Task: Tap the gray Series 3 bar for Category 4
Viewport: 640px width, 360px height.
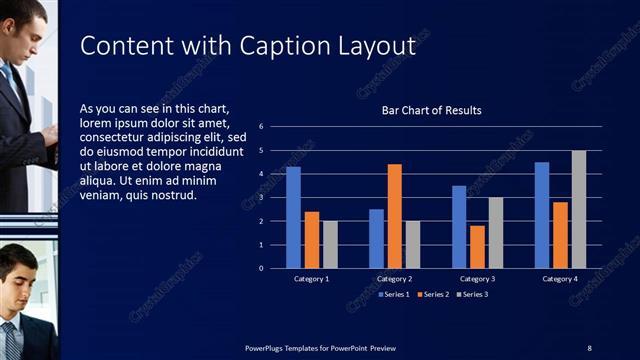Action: tap(579, 209)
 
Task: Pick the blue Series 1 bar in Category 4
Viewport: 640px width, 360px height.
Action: tap(542, 215)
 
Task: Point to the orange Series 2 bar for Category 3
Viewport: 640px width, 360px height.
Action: tap(477, 246)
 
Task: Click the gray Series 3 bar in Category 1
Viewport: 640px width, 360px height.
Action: tap(330, 244)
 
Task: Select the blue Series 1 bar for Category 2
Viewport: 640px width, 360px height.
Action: tap(376, 238)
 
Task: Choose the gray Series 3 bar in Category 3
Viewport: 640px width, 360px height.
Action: tap(496, 232)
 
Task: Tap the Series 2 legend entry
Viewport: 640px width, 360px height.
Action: tap(435, 294)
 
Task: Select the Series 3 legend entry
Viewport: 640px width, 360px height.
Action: tap(474, 294)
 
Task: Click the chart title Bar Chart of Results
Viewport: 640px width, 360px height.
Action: tap(432, 110)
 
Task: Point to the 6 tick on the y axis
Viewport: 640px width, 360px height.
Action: tap(260, 127)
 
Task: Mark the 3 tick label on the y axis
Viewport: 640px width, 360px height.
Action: tap(260, 197)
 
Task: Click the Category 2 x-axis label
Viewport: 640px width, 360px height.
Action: tap(395, 278)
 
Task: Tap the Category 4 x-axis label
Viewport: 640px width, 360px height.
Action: tap(561, 278)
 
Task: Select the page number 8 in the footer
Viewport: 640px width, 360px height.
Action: tap(589, 348)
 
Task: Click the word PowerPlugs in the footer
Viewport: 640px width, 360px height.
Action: tap(268, 348)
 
